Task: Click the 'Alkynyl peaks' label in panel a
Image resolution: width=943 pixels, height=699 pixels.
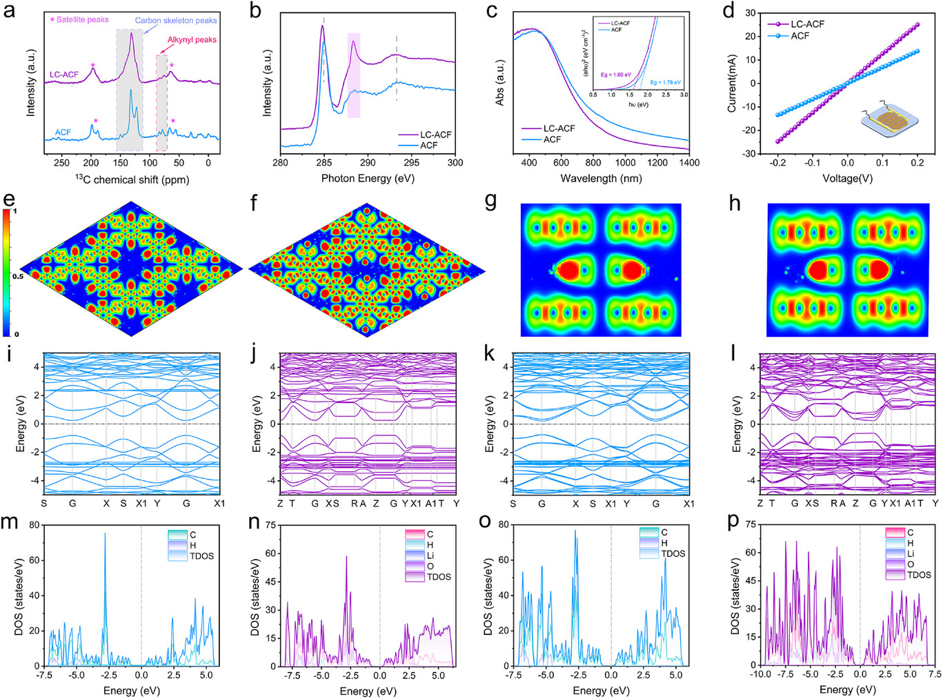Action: point(192,40)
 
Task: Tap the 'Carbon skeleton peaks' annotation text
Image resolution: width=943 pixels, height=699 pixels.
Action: point(176,21)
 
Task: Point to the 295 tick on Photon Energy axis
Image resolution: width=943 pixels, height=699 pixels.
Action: point(411,163)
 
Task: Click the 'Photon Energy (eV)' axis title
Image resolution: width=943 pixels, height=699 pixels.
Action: point(368,178)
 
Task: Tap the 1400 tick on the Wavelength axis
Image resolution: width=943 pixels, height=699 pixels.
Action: point(688,163)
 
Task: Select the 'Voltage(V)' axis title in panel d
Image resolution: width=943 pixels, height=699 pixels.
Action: point(847,178)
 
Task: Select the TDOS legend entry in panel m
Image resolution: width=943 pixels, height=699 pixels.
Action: point(201,555)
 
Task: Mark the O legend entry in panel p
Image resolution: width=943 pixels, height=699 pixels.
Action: point(911,564)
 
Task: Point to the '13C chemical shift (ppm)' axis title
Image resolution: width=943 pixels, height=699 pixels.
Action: point(132,179)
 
